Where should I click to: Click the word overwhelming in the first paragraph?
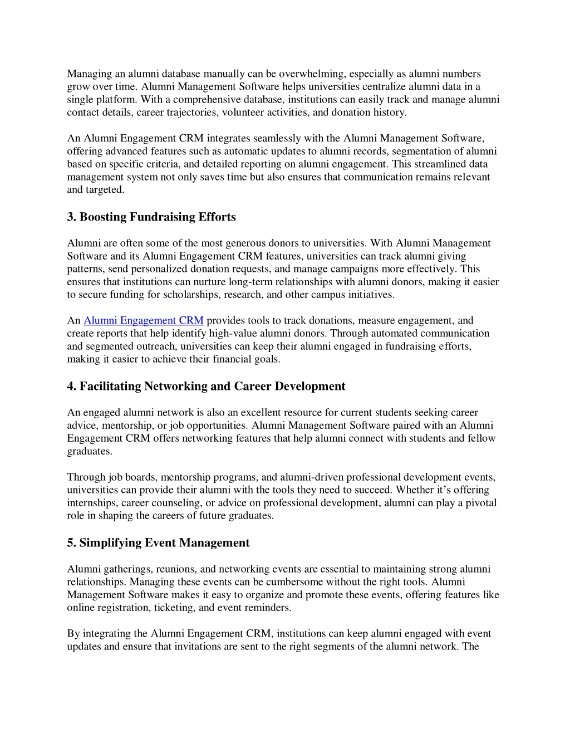[312, 74]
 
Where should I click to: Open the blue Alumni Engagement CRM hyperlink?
[144, 321]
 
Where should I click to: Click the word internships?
[92, 503]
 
